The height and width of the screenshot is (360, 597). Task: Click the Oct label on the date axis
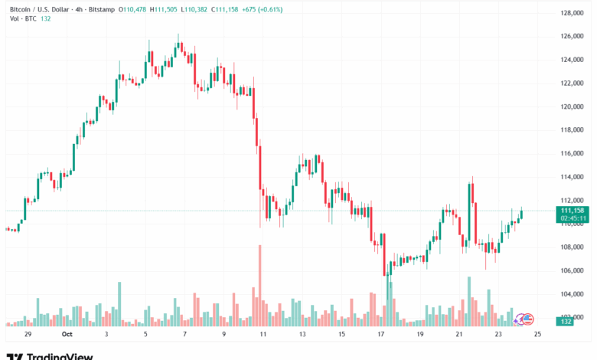67,335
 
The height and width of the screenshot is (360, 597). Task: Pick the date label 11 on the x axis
263,335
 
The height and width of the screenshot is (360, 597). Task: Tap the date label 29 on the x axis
28,335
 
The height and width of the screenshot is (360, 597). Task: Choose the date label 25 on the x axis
537,335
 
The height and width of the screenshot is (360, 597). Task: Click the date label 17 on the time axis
380,335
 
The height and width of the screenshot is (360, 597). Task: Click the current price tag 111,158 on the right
573,210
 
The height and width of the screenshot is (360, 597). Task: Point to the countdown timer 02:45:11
573,218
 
